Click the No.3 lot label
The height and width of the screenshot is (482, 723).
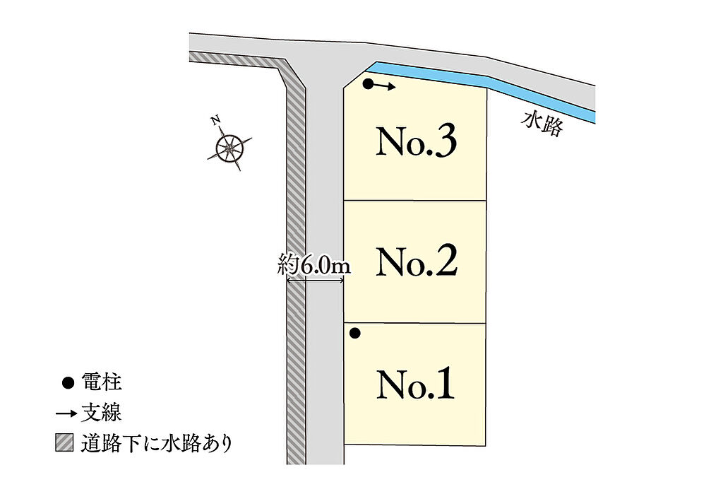(417, 141)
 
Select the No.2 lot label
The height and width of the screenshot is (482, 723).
(417, 261)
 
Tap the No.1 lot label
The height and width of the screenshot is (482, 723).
(415, 384)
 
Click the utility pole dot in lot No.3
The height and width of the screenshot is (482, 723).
(367, 84)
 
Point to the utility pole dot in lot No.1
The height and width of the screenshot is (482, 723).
(354, 334)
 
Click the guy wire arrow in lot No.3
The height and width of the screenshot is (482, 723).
(384, 86)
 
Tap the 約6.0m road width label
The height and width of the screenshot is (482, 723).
(314, 266)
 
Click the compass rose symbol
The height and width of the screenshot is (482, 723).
(229, 148)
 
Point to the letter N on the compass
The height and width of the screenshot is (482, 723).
(215, 120)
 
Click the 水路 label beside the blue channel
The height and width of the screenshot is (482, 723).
(542, 124)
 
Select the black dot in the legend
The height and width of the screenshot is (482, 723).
(68, 383)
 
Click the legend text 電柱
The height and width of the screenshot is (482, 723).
(102, 382)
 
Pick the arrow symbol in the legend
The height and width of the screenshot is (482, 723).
(66, 413)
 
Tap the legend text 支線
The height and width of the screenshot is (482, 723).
(102, 412)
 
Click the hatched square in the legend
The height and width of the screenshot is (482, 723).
(64, 442)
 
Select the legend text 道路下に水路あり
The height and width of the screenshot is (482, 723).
(157, 443)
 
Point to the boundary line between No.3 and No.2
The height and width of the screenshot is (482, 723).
(415, 201)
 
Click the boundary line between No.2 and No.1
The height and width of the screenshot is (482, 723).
(415, 323)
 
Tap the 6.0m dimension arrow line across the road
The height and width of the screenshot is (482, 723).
(316, 280)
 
